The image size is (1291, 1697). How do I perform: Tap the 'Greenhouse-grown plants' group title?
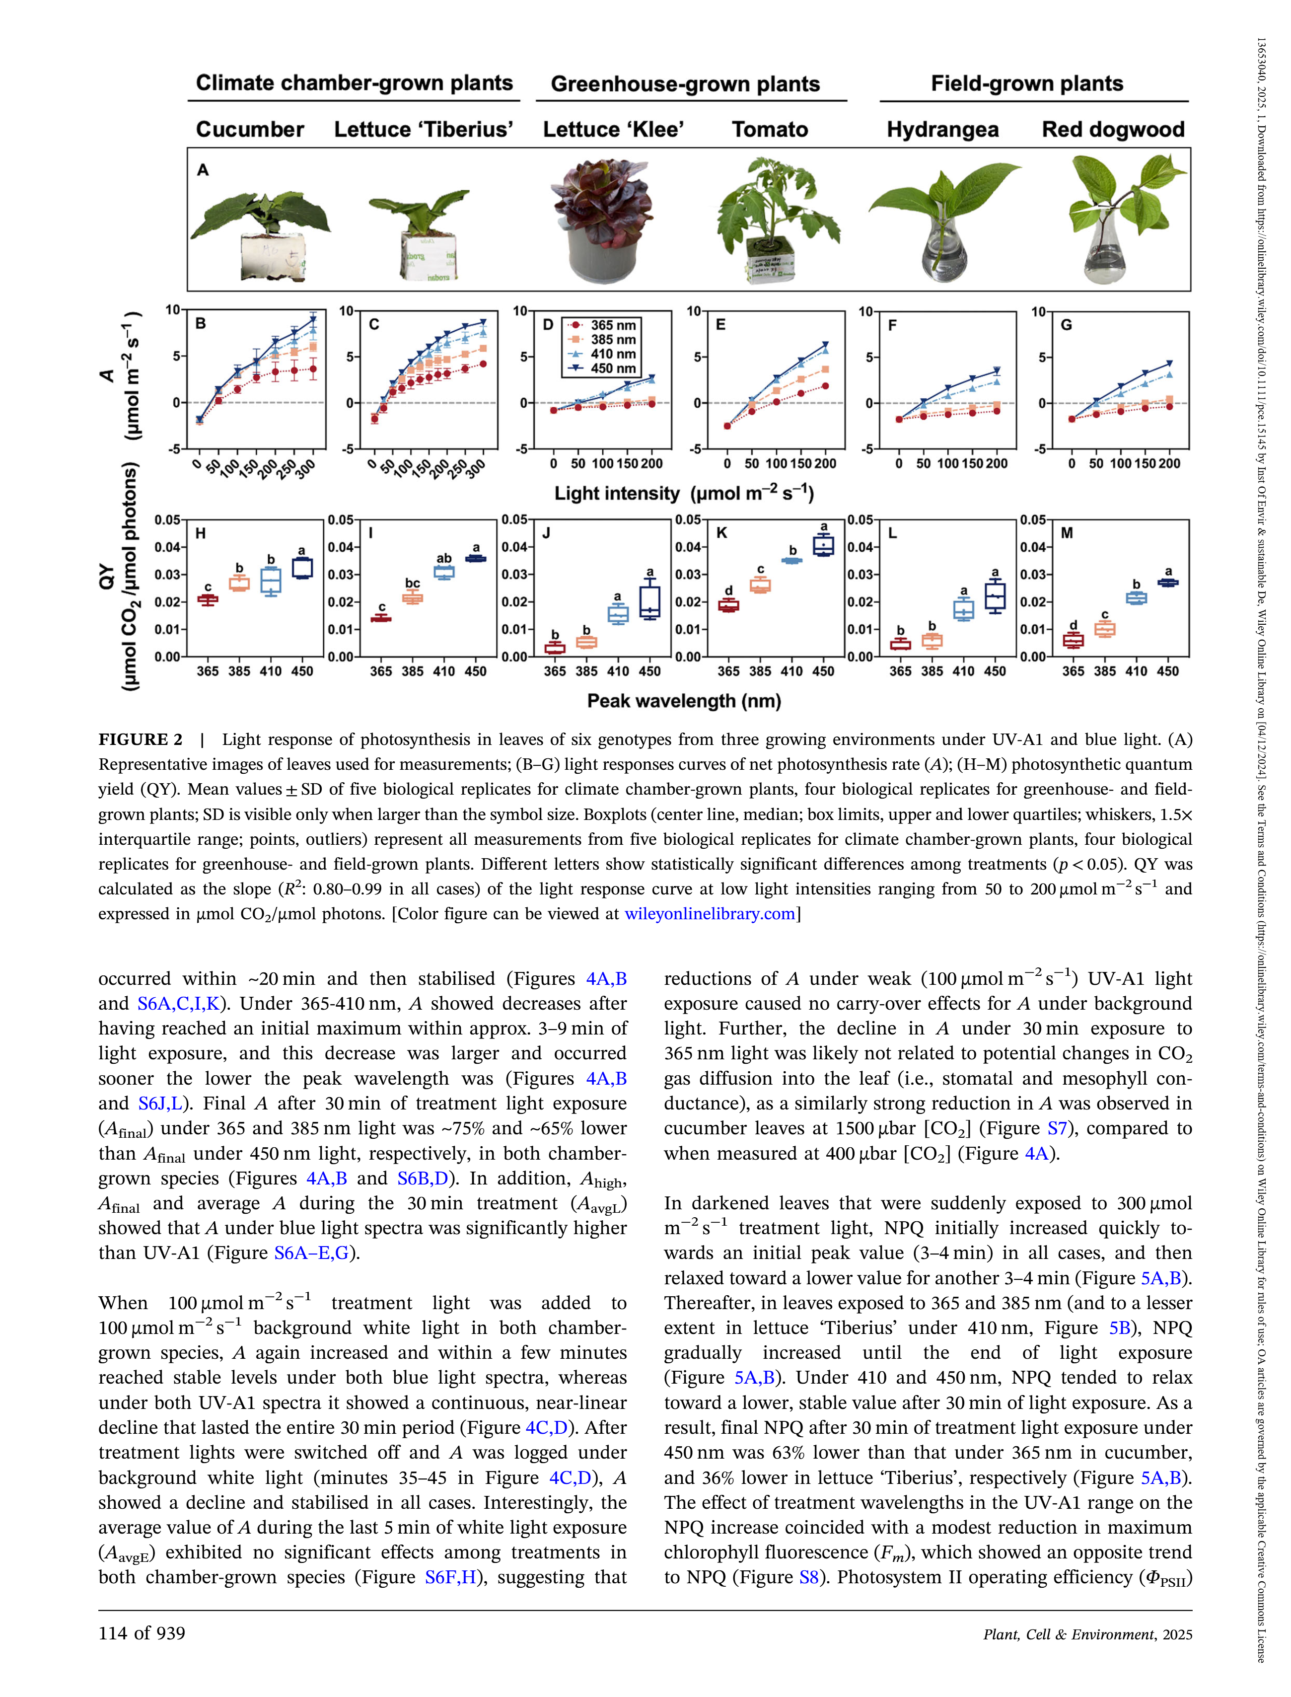click(x=685, y=84)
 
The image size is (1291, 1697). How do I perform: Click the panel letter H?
click(x=201, y=533)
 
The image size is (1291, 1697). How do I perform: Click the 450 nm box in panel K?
click(x=823, y=545)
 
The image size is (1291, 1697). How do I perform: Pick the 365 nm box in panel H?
click(x=208, y=599)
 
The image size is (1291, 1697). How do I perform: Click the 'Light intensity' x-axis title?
click(x=684, y=494)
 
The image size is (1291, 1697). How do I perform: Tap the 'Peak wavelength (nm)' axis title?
click(x=684, y=701)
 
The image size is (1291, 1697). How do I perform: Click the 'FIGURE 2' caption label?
click(x=141, y=739)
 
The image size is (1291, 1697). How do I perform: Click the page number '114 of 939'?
click(x=142, y=1633)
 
